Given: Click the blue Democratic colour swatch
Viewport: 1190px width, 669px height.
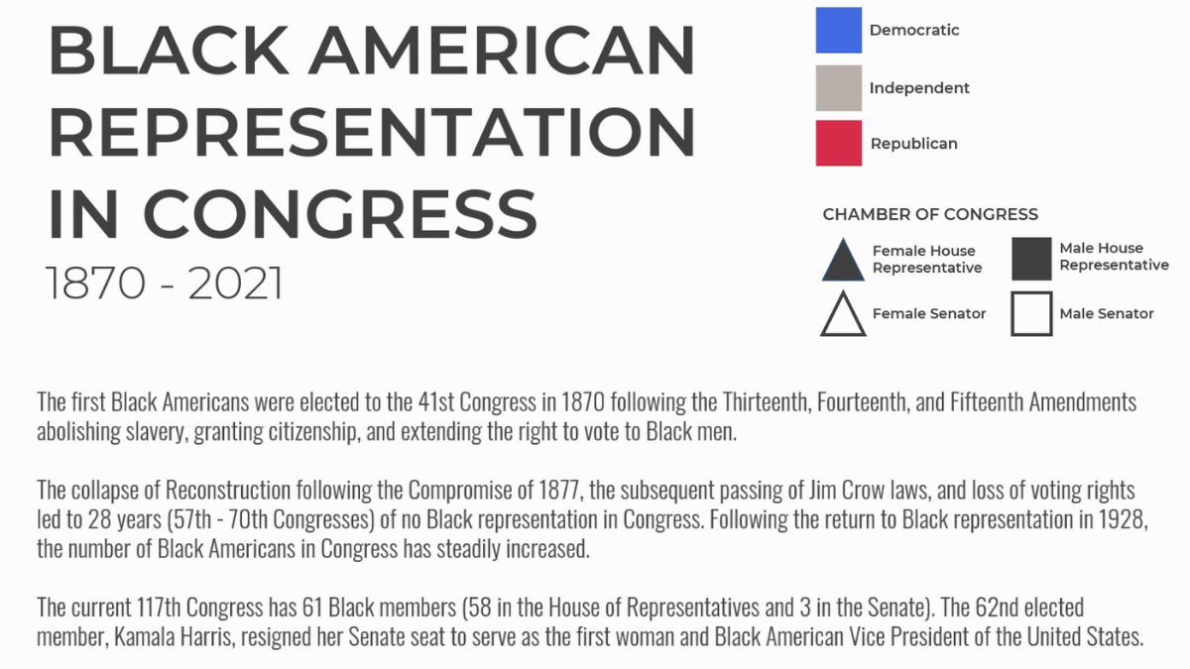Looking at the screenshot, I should coord(839,30).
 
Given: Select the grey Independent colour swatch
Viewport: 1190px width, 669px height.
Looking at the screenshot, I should coord(839,87).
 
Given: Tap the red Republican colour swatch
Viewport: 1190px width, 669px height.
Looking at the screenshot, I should coord(839,144).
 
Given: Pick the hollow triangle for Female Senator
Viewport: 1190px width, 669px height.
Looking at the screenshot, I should coord(843,316).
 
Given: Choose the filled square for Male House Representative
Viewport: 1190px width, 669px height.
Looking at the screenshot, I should coord(1031,259).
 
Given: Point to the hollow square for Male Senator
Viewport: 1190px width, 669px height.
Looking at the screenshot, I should coord(1031,314).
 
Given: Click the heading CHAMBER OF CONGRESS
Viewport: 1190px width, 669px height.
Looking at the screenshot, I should coord(930,214).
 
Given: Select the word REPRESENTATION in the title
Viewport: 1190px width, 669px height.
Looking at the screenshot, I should coord(371,133).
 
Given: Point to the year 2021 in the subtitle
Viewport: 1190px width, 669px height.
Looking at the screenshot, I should coord(235,283).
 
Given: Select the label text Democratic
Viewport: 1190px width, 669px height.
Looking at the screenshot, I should coord(914,30).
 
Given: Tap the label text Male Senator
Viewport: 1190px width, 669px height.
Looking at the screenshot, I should coord(1107,314).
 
